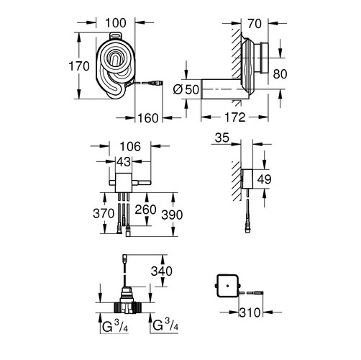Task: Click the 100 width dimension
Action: [116, 23]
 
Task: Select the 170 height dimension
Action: [79, 66]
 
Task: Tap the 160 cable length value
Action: [148, 118]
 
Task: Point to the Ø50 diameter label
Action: [186, 89]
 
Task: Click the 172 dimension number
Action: [235, 117]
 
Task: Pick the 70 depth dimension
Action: [255, 24]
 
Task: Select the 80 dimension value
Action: [280, 74]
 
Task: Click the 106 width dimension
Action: [130, 146]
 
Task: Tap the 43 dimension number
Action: [124, 162]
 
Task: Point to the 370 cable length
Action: [104, 213]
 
